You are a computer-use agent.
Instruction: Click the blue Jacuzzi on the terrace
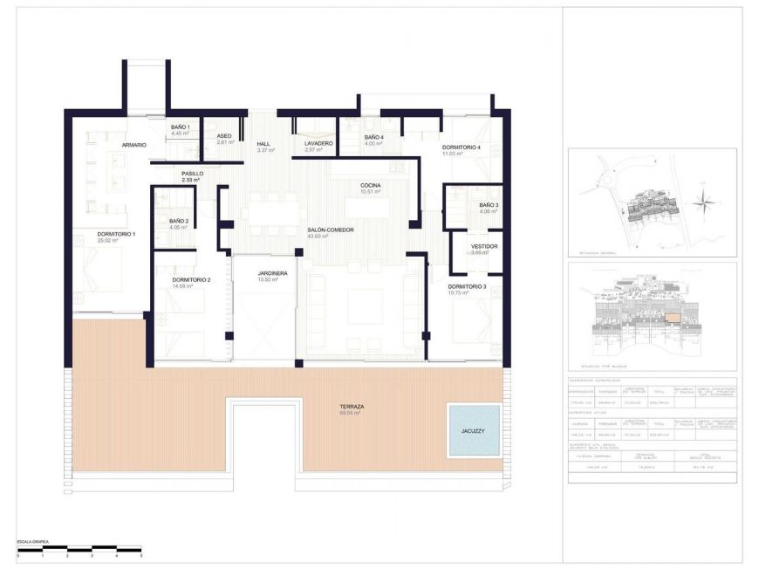(x=474, y=429)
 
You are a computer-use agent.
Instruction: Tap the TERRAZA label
(x=353, y=408)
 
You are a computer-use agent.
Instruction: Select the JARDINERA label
(x=272, y=274)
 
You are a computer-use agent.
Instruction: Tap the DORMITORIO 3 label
(x=467, y=286)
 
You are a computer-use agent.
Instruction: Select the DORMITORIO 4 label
(x=461, y=147)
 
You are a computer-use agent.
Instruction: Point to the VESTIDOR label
(x=484, y=246)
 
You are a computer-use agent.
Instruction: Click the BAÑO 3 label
(x=489, y=205)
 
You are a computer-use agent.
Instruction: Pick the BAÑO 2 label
(x=179, y=222)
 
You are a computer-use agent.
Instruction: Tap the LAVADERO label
(x=318, y=143)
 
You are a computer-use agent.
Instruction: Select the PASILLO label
(x=192, y=174)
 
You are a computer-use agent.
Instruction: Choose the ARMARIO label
(x=133, y=144)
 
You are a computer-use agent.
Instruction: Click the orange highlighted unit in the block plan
(x=673, y=319)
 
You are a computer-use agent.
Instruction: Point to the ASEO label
(x=224, y=136)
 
